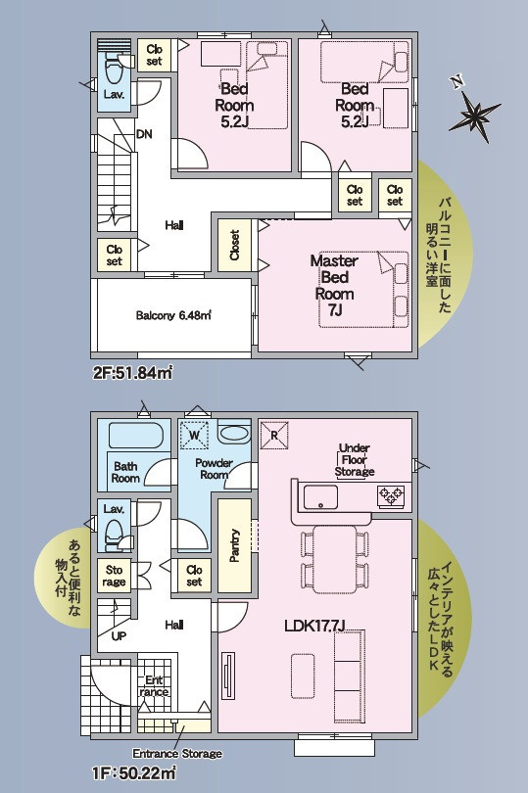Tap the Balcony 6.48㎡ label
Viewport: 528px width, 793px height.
pyautogui.click(x=173, y=315)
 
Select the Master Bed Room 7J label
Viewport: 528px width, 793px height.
pyautogui.click(x=334, y=285)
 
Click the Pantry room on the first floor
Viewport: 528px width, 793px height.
pyautogui.click(x=234, y=545)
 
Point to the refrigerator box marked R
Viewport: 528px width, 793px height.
pyautogui.click(x=274, y=435)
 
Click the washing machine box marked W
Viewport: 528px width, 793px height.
pyautogui.click(x=195, y=434)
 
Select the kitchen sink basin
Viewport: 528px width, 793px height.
pyautogui.click(x=320, y=496)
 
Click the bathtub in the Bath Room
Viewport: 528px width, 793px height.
pyautogui.click(x=135, y=436)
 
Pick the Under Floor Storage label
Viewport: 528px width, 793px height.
pyautogui.click(x=355, y=460)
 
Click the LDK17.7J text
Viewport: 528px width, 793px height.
pyautogui.click(x=314, y=626)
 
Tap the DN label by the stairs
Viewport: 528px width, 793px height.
pyautogui.click(x=144, y=134)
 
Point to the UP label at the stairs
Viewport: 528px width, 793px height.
pyautogui.click(x=119, y=636)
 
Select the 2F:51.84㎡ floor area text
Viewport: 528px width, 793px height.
pyautogui.click(x=132, y=373)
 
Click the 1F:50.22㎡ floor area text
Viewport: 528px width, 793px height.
pyautogui.click(x=134, y=772)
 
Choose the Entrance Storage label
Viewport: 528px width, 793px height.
pyautogui.click(x=177, y=754)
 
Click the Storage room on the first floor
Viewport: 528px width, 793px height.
pyautogui.click(x=115, y=576)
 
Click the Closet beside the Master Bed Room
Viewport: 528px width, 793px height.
pyautogui.click(x=234, y=246)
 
